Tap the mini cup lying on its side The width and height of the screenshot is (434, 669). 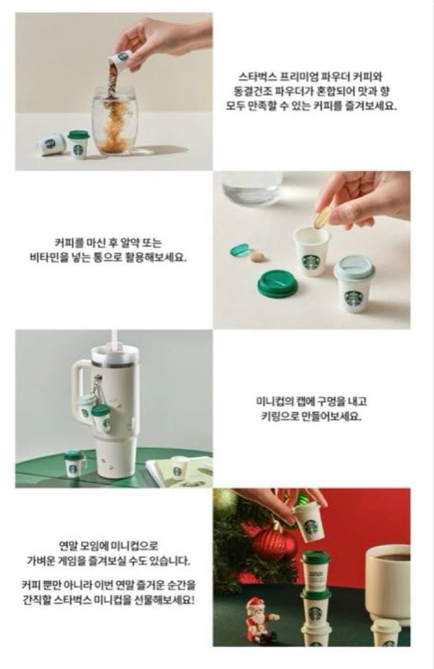pos(51,144)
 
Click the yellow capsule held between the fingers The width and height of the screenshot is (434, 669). pos(322,217)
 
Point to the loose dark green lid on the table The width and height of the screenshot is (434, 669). pos(277,283)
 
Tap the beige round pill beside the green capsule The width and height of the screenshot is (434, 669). pos(257,256)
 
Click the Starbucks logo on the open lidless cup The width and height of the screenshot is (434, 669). pos(311,261)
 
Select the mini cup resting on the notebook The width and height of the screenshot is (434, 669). pos(179,466)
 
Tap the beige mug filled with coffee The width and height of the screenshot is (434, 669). pos(387,582)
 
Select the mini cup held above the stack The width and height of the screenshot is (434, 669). pos(309,520)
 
